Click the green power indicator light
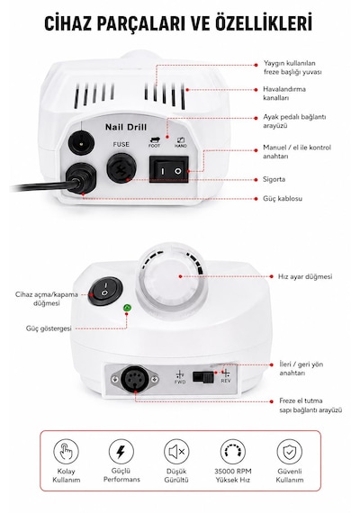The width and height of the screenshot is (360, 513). (127, 308)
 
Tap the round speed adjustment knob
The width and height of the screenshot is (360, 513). (172, 278)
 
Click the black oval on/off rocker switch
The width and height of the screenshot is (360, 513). (105, 291)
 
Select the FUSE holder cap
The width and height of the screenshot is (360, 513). (122, 168)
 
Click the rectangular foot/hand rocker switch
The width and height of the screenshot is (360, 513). (169, 169)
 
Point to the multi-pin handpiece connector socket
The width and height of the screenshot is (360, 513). (135, 380)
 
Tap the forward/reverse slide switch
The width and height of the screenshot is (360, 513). (203, 377)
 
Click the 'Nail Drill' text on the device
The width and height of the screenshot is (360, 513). (126, 127)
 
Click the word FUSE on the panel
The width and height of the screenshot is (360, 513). (121, 144)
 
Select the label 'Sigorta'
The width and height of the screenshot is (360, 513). (274, 179)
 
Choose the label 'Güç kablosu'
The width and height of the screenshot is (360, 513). (283, 199)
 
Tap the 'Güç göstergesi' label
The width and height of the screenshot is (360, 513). (49, 328)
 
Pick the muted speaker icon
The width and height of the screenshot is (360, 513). (176, 452)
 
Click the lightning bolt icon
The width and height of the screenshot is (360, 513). (121, 452)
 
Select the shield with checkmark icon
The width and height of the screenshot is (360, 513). (289, 452)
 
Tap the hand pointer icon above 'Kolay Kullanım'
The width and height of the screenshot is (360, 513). (66, 452)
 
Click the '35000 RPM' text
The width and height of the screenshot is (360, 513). (233, 472)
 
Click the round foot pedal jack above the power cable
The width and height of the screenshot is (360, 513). (81, 143)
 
